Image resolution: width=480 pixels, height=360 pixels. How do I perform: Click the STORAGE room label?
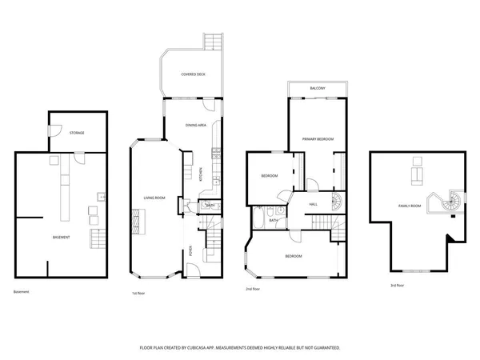(77, 132)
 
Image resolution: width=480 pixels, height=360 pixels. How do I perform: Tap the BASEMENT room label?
(61, 237)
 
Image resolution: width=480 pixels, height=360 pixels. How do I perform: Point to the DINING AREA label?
(196, 125)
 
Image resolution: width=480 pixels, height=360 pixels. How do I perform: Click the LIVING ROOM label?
(154, 198)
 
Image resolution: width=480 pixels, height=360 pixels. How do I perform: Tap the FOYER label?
(190, 249)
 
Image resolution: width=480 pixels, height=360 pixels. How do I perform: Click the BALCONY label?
(318, 88)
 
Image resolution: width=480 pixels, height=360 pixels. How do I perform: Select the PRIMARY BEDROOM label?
(318, 139)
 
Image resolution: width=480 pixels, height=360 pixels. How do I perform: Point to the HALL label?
(315, 205)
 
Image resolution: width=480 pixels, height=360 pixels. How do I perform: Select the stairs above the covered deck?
(213, 42)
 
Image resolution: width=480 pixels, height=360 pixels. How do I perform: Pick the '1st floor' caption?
(138, 294)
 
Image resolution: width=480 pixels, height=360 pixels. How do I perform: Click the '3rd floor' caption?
(397, 285)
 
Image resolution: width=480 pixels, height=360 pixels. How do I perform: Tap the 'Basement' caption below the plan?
(22, 291)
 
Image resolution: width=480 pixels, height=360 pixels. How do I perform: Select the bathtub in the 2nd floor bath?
(258, 218)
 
